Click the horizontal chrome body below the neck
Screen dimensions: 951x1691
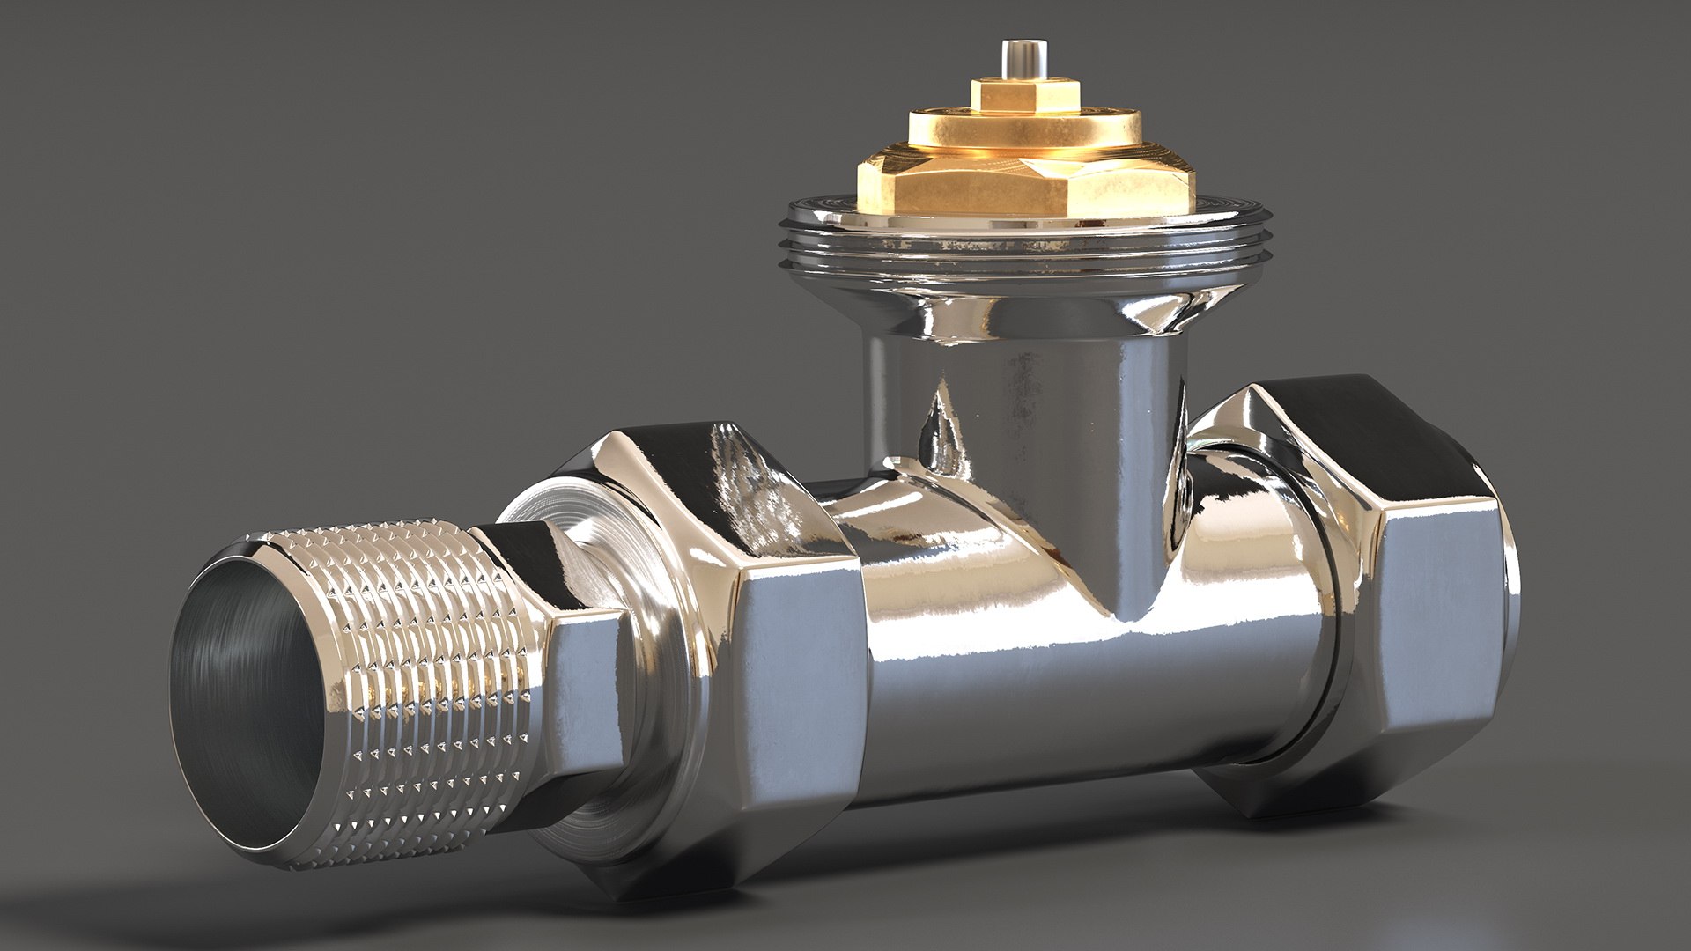coord(1057,669)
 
